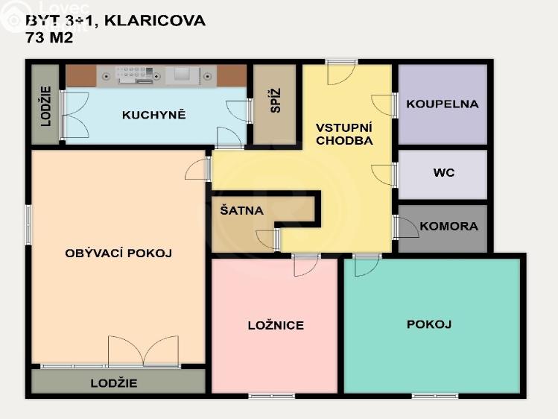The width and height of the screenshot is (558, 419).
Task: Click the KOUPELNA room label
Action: pyautogui.click(x=442, y=104)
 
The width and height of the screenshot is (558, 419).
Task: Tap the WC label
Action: pyautogui.click(x=443, y=173)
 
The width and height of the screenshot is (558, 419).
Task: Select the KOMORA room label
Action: pyautogui.click(x=448, y=226)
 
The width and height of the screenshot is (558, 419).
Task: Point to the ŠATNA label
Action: pyautogui.click(x=241, y=210)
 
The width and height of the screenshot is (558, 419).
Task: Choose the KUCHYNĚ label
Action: pyautogui.click(x=153, y=115)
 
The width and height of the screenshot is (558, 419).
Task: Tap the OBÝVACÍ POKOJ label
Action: pyautogui.click(x=118, y=253)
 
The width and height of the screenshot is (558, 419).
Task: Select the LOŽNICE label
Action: pyautogui.click(x=276, y=325)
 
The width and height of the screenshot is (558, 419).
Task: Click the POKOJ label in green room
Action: pyautogui.click(x=429, y=324)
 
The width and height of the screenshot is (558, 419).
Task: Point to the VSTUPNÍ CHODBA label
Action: pyautogui.click(x=343, y=133)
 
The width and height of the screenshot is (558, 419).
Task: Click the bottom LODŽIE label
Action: pyautogui.click(x=114, y=383)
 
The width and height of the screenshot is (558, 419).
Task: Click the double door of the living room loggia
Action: pyautogui.click(x=143, y=350)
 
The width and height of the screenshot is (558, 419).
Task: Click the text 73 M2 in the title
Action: pyautogui.click(x=49, y=37)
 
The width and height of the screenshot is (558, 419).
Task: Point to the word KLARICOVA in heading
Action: pyautogui.click(x=154, y=20)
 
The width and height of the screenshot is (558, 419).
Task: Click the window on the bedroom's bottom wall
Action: pyautogui.click(x=271, y=395)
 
